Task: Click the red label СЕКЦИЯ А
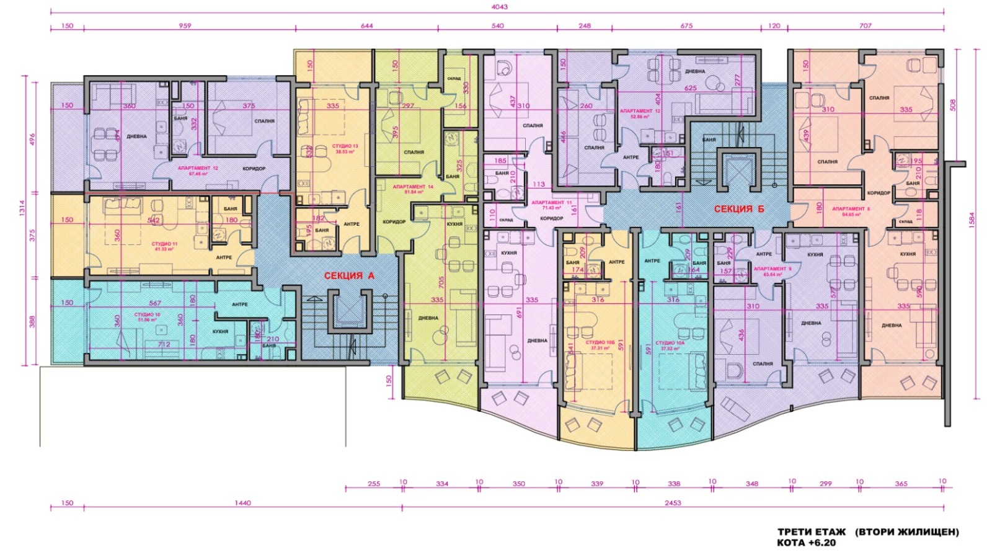click(349, 276)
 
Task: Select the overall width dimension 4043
click(499, 7)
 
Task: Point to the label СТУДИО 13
click(347, 146)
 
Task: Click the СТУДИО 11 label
click(165, 244)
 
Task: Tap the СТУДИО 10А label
click(672, 342)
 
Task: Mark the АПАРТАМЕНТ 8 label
click(851, 209)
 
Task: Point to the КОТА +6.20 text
click(806, 543)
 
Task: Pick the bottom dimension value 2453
click(672, 503)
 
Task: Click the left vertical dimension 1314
click(25, 220)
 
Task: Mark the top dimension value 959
click(185, 26)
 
